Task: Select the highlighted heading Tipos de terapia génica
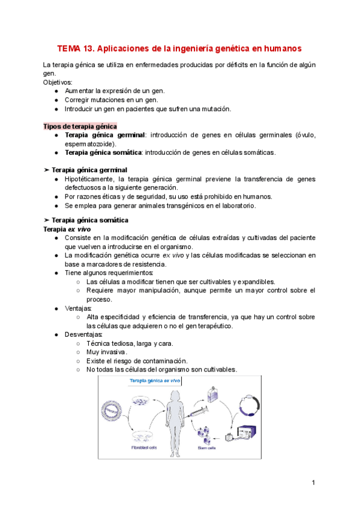[x=80, y=126]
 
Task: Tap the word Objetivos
[x=58, y=82]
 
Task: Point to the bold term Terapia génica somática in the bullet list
[x=104, y=152]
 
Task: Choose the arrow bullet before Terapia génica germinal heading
[x=47, y=170]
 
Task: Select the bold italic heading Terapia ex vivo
[x=66, y=229]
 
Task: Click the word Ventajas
[x=79, y=308]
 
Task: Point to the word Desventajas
[x=83, y=334]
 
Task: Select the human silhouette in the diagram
[x=177, y=421]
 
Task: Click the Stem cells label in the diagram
[x=207, y=447]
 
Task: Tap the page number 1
[x=313, y=483]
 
